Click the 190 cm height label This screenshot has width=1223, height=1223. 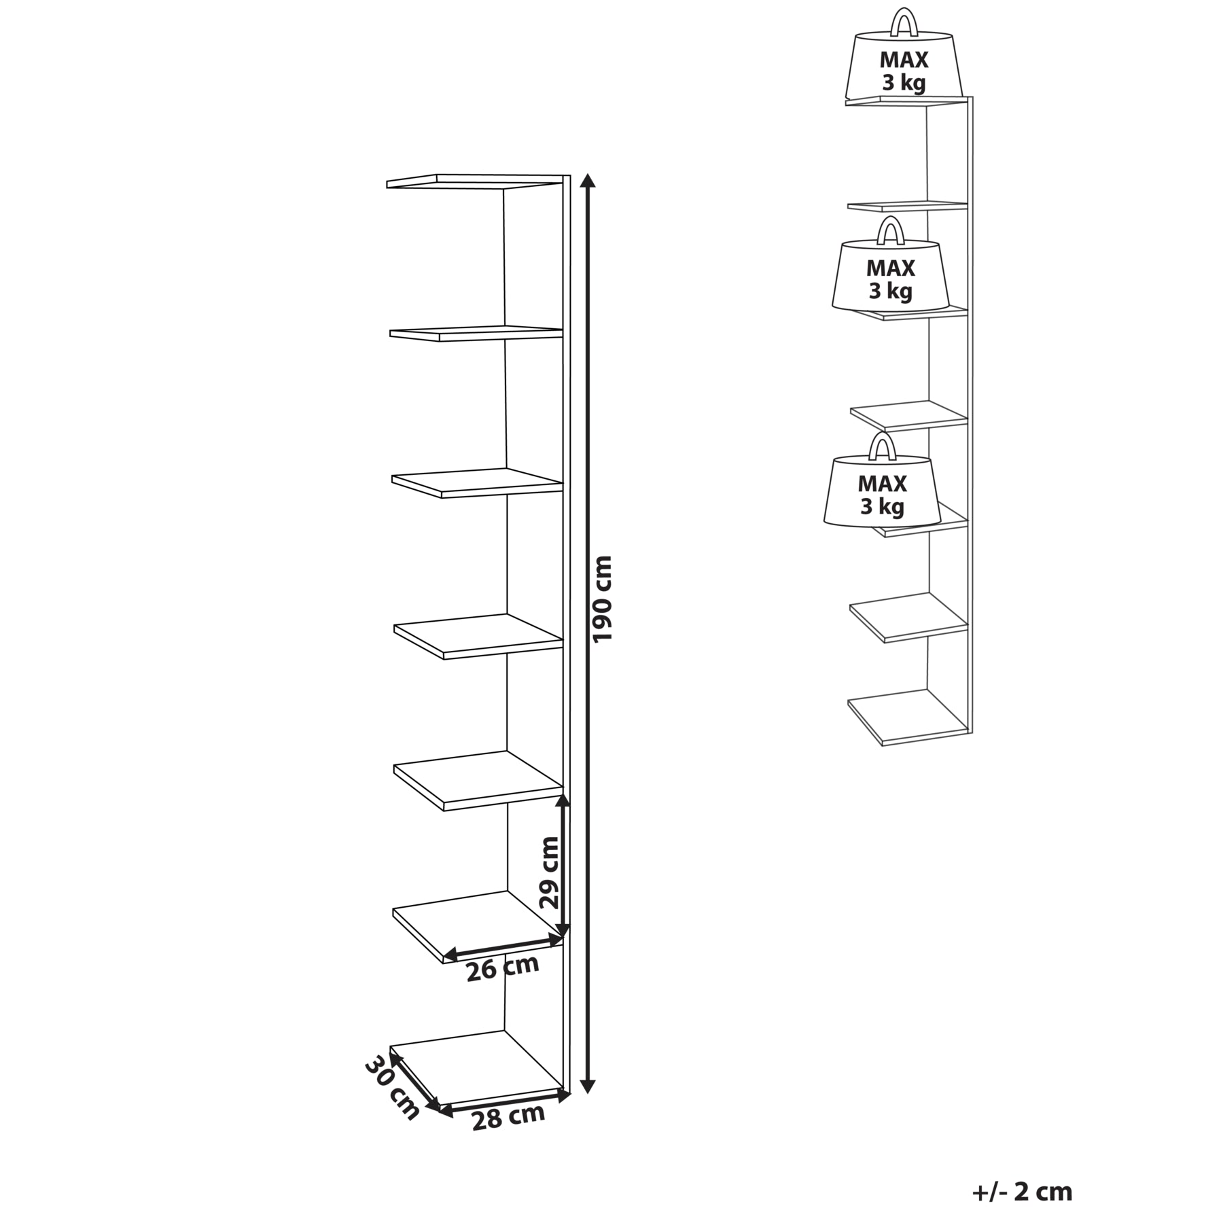click(603, 599)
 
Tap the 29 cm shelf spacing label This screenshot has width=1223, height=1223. click(549, 872)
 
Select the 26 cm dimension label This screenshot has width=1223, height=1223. click(503, 968)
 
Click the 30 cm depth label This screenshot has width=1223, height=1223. click(393, 1098)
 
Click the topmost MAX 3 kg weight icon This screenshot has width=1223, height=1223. click(904, 57)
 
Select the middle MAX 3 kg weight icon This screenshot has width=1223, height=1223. click(891, 266)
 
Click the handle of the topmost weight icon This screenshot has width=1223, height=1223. click(904, 21)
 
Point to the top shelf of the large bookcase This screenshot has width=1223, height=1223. click(476, 182)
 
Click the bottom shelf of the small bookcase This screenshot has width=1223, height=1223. click(908, 717)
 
